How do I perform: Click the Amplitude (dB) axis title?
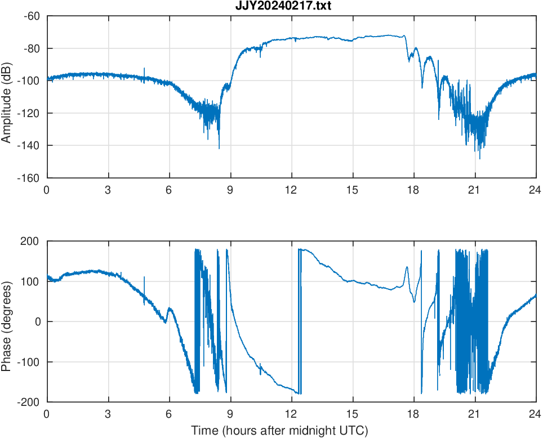(x=7, y=97)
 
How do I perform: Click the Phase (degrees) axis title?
(x=7, y=321)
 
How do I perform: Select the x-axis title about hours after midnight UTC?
(x=279, y=431)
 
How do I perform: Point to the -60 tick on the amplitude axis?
(x=32, y=16)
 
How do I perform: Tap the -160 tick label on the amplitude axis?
(x=29, y=178)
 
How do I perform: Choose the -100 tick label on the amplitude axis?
(x=29, y=81)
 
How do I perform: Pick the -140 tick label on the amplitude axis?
(x=29, y=145)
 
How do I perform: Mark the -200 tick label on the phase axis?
(x=30, y=402)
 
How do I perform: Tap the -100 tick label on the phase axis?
(x=30, y=362)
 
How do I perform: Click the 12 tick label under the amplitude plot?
(x=291, y=190)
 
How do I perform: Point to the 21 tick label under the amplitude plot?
(x=475, y=190)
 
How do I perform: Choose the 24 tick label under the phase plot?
(x=535, y=414)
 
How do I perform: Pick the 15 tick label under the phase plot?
(x=353, y=414)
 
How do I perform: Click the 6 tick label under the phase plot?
(x=169, y=414)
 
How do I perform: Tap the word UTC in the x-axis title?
(x=355, y=431)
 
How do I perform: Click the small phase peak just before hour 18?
(x=407, y=267)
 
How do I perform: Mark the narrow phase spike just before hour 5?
(x=144, y=278)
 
